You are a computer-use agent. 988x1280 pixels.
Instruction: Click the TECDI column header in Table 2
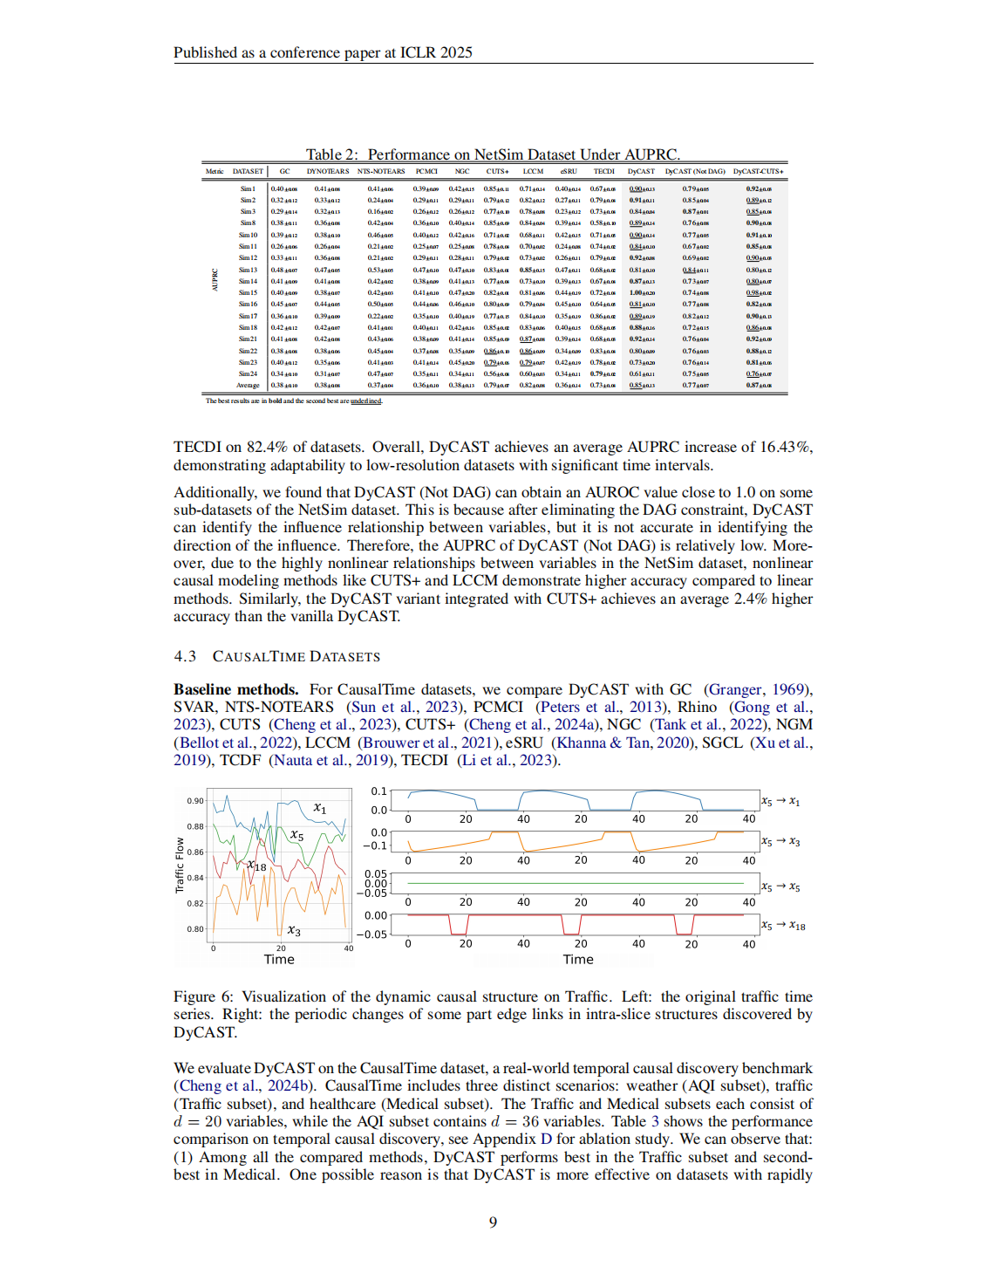tap(603, 171)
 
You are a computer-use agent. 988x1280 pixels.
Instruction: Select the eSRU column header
tap(569, 171)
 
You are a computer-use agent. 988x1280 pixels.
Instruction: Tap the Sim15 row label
tap(248, 292)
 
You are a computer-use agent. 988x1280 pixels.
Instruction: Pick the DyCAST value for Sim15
tap(642, 292)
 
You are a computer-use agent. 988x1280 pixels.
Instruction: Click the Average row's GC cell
tap(283, 385)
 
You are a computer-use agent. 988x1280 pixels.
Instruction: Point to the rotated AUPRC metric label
tap(215, 279)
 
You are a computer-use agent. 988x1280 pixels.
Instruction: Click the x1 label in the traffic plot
tap(320, 809)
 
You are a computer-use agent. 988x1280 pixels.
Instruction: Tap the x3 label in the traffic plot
tap(294, 931)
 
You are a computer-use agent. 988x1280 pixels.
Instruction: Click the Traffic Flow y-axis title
tap(180, 865)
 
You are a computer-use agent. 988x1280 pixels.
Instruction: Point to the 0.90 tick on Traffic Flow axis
tap(194, 801)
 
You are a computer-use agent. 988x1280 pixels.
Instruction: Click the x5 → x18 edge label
tap(782, 925)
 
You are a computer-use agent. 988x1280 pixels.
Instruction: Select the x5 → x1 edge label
tap(780, 801)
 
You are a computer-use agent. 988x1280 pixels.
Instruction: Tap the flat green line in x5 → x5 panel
tap(576, 883)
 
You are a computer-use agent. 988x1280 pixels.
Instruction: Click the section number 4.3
tap(185, 656)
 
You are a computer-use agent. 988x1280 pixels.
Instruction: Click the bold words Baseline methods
tap(235, 689)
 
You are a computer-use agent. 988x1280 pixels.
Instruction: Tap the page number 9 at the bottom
tap(493, 1222)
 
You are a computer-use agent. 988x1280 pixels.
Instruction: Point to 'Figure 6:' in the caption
tap(204, 996)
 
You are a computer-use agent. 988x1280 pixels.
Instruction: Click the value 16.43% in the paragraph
tap(784, 447)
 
